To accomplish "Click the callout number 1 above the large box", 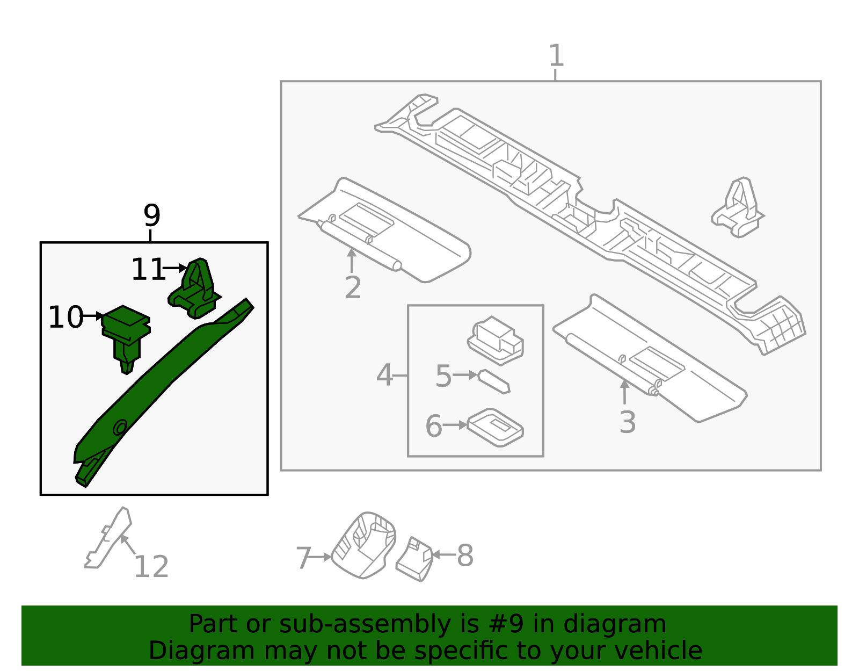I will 556,56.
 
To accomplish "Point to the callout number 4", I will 384,375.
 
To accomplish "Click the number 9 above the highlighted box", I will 152,216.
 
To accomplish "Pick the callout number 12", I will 151,567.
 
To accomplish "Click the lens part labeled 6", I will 495,427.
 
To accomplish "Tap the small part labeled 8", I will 415,559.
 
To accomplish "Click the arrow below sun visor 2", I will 352,260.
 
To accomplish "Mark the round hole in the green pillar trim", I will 120,427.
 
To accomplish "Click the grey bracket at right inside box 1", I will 738,210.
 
